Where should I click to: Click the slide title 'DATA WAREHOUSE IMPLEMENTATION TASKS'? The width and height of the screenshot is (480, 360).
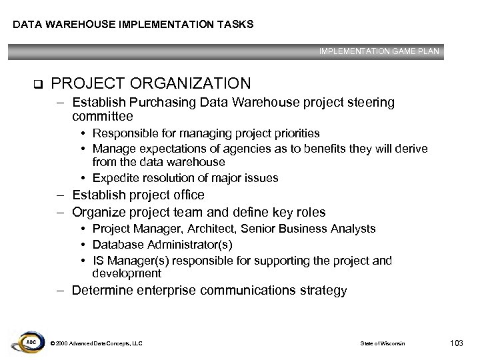coord(133,25)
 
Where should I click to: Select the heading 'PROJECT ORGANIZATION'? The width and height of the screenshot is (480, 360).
coord(151,83)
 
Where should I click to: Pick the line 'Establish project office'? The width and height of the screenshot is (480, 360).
coord(138,195)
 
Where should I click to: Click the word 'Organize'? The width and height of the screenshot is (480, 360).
coord(99,213)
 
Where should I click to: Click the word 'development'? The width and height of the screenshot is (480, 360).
coord(127,273)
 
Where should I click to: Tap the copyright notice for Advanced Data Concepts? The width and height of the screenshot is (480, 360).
coord(96,343)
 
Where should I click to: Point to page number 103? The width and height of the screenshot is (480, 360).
coord(456,343)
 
